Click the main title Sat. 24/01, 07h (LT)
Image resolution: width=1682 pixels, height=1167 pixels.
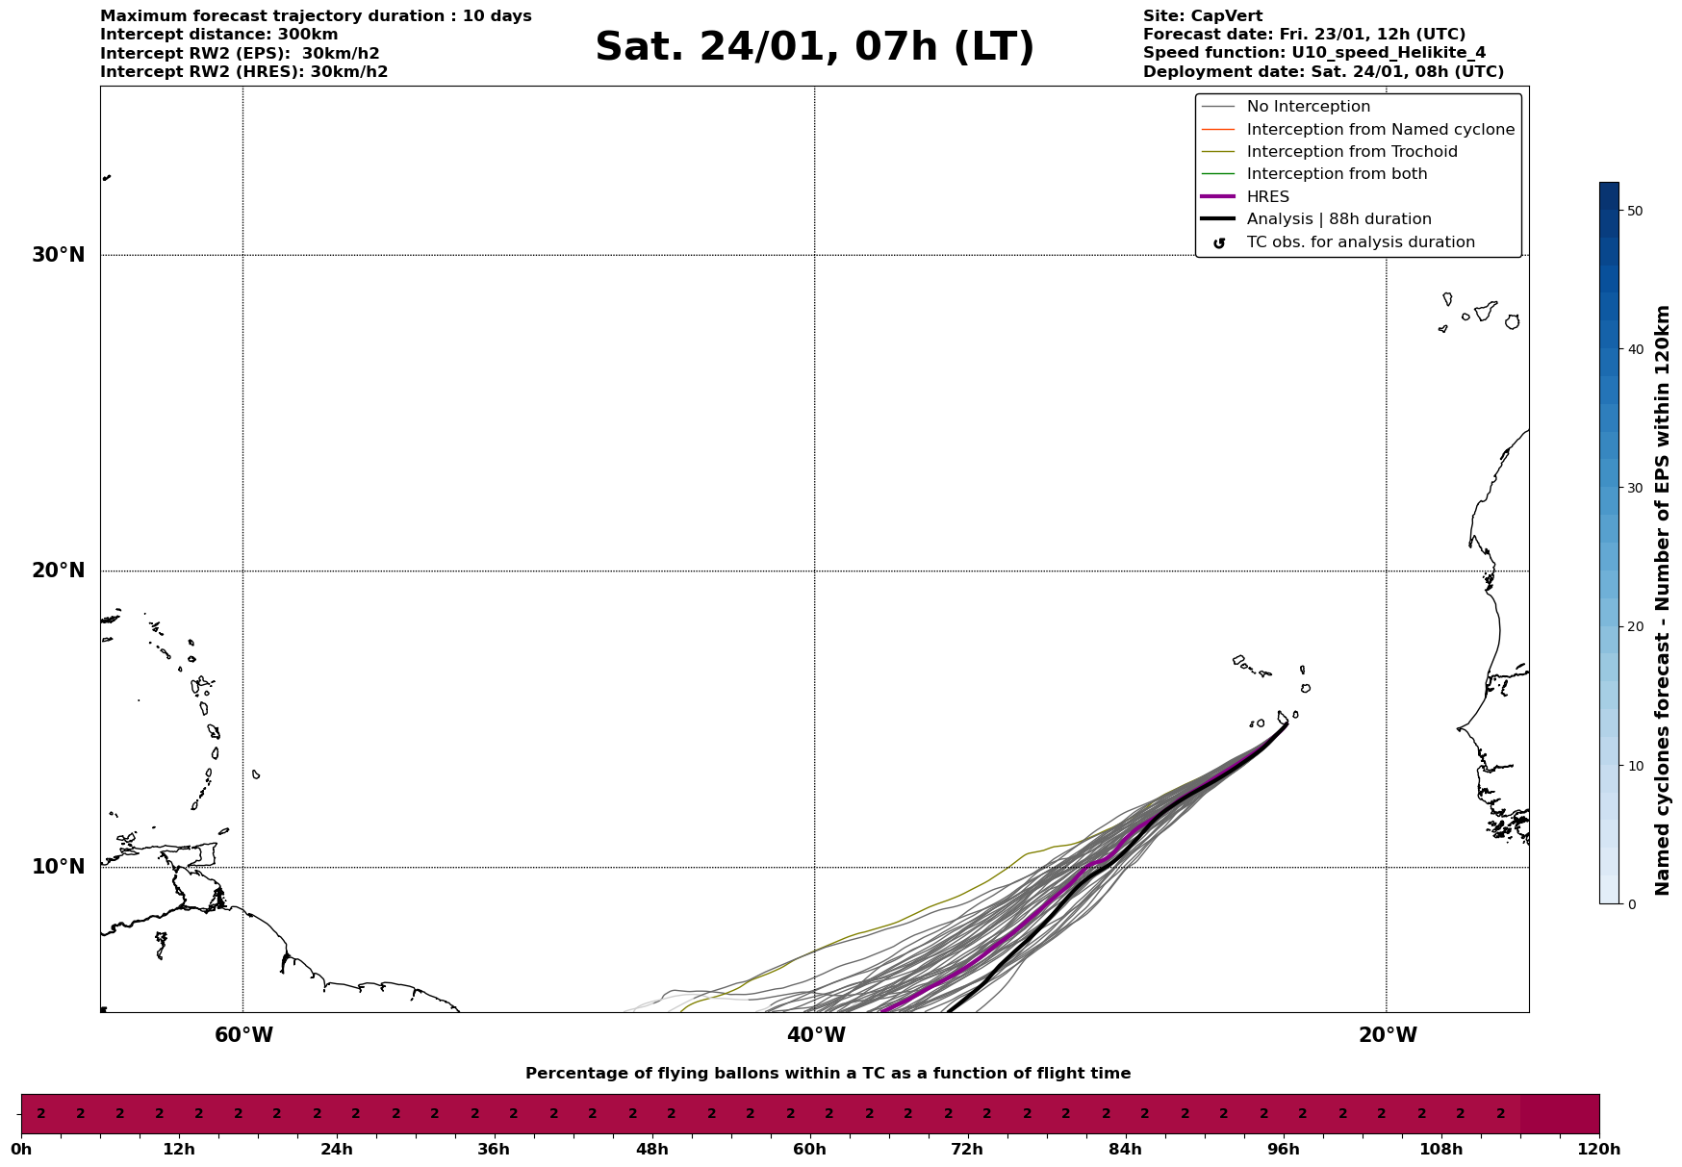pos(814,47)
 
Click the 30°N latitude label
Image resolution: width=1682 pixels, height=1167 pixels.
pos(58,255)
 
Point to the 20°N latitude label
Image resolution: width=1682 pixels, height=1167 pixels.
pos(58,571)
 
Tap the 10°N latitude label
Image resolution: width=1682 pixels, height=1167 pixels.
pos(58,867)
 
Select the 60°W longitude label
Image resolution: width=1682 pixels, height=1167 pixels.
pos(243,1035)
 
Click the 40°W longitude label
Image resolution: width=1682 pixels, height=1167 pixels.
pos(815,1035)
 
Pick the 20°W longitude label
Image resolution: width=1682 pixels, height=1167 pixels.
pos(1387,1035)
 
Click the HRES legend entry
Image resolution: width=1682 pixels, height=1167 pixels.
pos(1267,197)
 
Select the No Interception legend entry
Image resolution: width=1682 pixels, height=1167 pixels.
pos(1308,107)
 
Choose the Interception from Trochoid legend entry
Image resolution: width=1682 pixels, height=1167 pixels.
pos(1351,152)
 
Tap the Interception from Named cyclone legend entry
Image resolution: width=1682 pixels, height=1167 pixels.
pos(1380,130)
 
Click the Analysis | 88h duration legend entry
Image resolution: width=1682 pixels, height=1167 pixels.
pos(1338,219)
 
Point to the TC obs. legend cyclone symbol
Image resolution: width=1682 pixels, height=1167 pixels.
pos(1219,242)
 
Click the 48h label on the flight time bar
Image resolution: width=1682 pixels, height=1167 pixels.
pos(651,1150)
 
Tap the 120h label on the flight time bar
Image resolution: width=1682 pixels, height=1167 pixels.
pos(1599,1150)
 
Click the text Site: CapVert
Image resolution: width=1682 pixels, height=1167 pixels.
pos(1202,16)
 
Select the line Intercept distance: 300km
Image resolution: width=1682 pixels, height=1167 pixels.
pos(218,35)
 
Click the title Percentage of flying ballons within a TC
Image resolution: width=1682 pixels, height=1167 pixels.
pos(828,1074)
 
